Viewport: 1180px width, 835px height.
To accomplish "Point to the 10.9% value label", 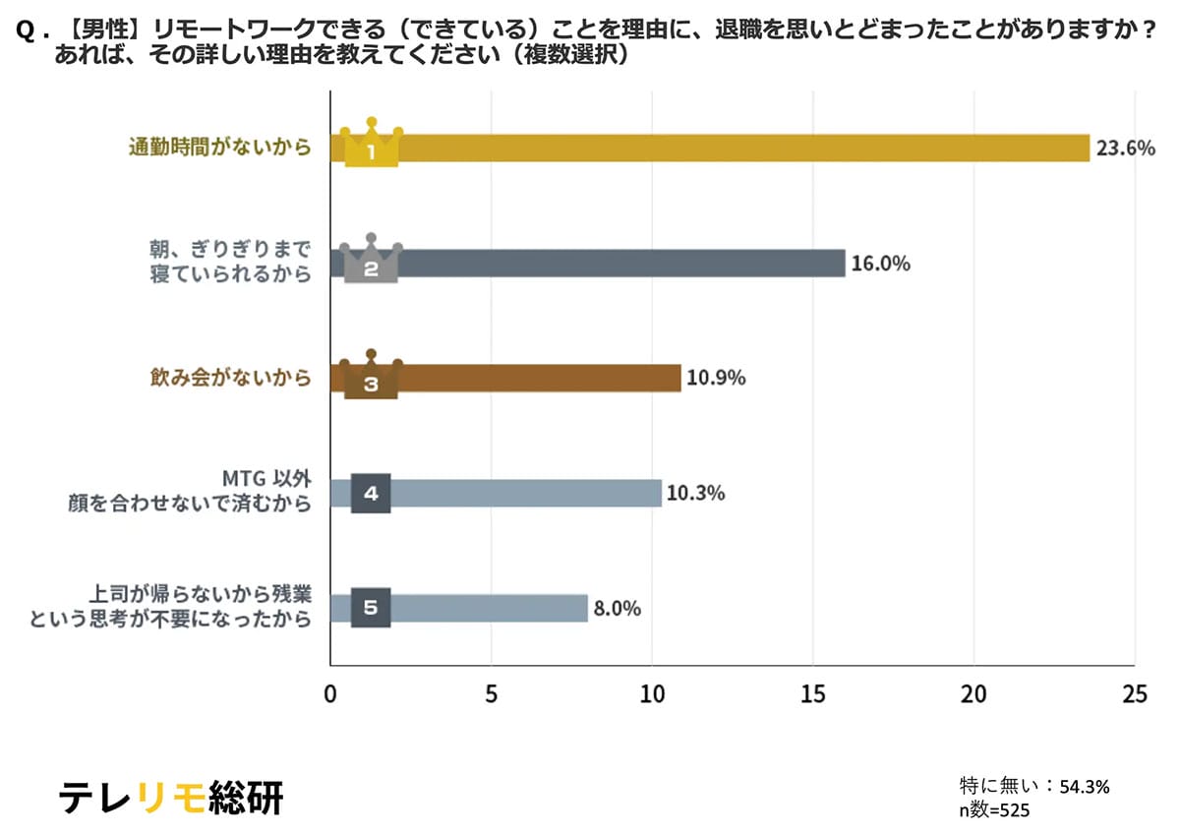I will point(715,379).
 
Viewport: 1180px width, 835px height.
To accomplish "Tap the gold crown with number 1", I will point(371,147).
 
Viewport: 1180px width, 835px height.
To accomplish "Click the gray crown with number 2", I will point(371,262).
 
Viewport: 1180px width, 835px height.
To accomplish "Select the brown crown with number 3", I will point(371,378).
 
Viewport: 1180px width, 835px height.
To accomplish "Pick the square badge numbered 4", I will point(371,493).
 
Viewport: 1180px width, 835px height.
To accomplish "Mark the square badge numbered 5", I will point(371,608).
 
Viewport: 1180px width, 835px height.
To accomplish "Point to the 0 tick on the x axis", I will point(330,693).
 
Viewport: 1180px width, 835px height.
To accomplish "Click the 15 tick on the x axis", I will point(813,693).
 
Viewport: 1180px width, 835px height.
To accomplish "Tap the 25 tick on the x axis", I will point(1134,693).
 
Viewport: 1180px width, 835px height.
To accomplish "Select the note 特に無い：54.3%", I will point(1034,786).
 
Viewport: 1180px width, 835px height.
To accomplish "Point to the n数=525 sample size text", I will point(994,809).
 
